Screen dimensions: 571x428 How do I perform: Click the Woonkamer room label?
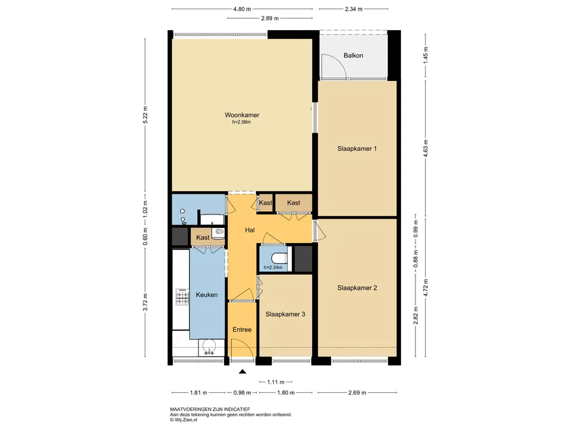point(242,115)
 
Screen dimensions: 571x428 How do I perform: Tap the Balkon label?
point(353,56)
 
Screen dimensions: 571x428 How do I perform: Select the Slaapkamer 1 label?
point(357,148)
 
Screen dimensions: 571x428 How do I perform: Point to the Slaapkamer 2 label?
point(357,288)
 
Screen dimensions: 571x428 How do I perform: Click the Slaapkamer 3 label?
point(285,314)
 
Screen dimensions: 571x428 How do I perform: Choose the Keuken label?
point(207,295)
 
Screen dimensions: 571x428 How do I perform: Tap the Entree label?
point(242,330)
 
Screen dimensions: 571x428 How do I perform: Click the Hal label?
point(250,230)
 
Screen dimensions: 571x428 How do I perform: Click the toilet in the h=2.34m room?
point(280,258)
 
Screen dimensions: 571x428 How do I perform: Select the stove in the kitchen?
point(182,297)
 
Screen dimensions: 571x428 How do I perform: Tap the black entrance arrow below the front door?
point(243,372)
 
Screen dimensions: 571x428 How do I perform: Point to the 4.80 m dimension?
point(242,9)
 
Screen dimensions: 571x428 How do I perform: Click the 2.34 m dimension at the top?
point(354,9)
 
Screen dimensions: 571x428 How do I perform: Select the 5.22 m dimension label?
point(146,115)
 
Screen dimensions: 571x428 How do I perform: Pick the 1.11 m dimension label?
point(275,382)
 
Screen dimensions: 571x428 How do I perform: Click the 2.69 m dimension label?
point(357,393)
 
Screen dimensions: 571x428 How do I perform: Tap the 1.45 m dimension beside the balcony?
point(425,56)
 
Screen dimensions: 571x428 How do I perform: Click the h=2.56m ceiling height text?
point(241,122)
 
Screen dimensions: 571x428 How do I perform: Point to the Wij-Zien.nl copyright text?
point(183,420)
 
